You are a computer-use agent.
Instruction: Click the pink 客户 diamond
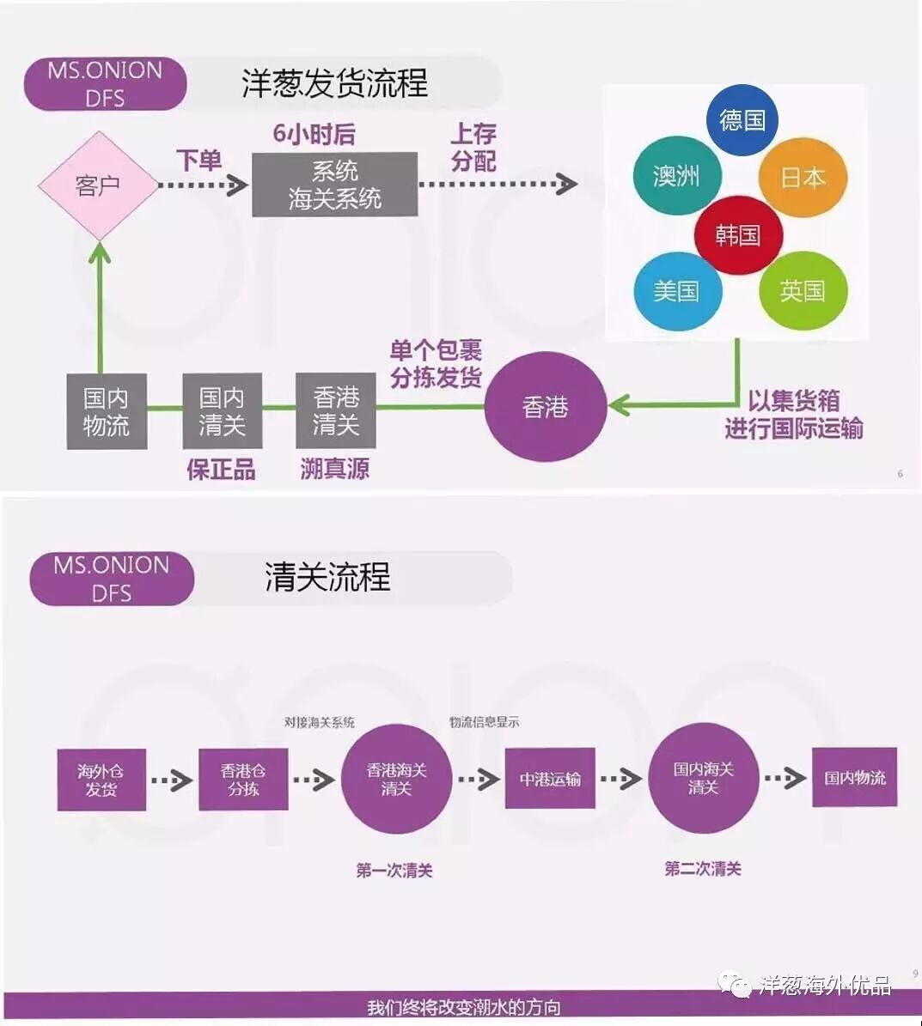[x=98, y=185]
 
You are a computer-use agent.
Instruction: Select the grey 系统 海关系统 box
[x=335, y=185]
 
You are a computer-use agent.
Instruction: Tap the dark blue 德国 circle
[x=742, y=120]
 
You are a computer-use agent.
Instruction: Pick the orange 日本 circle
[x=803, y=178]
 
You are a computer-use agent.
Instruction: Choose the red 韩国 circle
[x=738, y=234]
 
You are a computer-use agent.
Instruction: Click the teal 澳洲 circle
[x=676, y=176]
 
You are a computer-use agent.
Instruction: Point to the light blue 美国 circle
[x=676, y=291]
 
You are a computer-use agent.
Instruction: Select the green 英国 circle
[x=803, y=291]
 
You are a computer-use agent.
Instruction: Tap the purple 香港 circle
[x=545, y=407]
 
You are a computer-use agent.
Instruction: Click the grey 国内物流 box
[x=107, y=411]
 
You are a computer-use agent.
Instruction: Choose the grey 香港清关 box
[x=336, y=410]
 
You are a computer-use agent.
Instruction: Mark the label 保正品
[x=221, y=470]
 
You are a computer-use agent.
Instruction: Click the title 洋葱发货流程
[x=334, y=83]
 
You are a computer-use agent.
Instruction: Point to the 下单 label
[x=199, y=160]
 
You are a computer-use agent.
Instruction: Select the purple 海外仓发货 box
[x=101, y=780]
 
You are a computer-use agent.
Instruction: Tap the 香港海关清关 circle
[x=396, y=779]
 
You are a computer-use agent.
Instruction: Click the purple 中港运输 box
[x=550, y=779]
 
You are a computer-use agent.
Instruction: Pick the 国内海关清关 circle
[x=703, y=778]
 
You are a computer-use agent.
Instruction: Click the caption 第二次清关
[x=703, y=869]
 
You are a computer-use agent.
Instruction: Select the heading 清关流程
[x=327, y=577]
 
